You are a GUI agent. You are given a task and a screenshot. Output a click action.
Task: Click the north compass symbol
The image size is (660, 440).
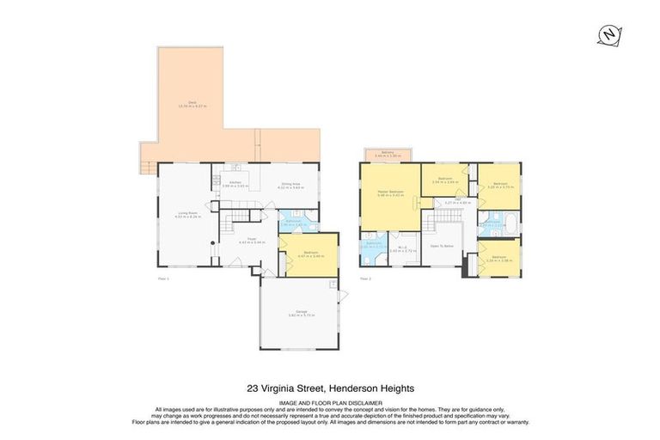[608, 35]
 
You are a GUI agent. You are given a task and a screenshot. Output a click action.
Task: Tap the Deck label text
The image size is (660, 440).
[181, 104]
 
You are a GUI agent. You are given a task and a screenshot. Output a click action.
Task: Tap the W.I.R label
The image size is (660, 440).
[404, 248]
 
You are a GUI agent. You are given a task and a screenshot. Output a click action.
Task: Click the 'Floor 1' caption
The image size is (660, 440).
[163, 279]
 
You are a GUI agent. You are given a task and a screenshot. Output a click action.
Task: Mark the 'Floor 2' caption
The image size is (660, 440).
[365, 279]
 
